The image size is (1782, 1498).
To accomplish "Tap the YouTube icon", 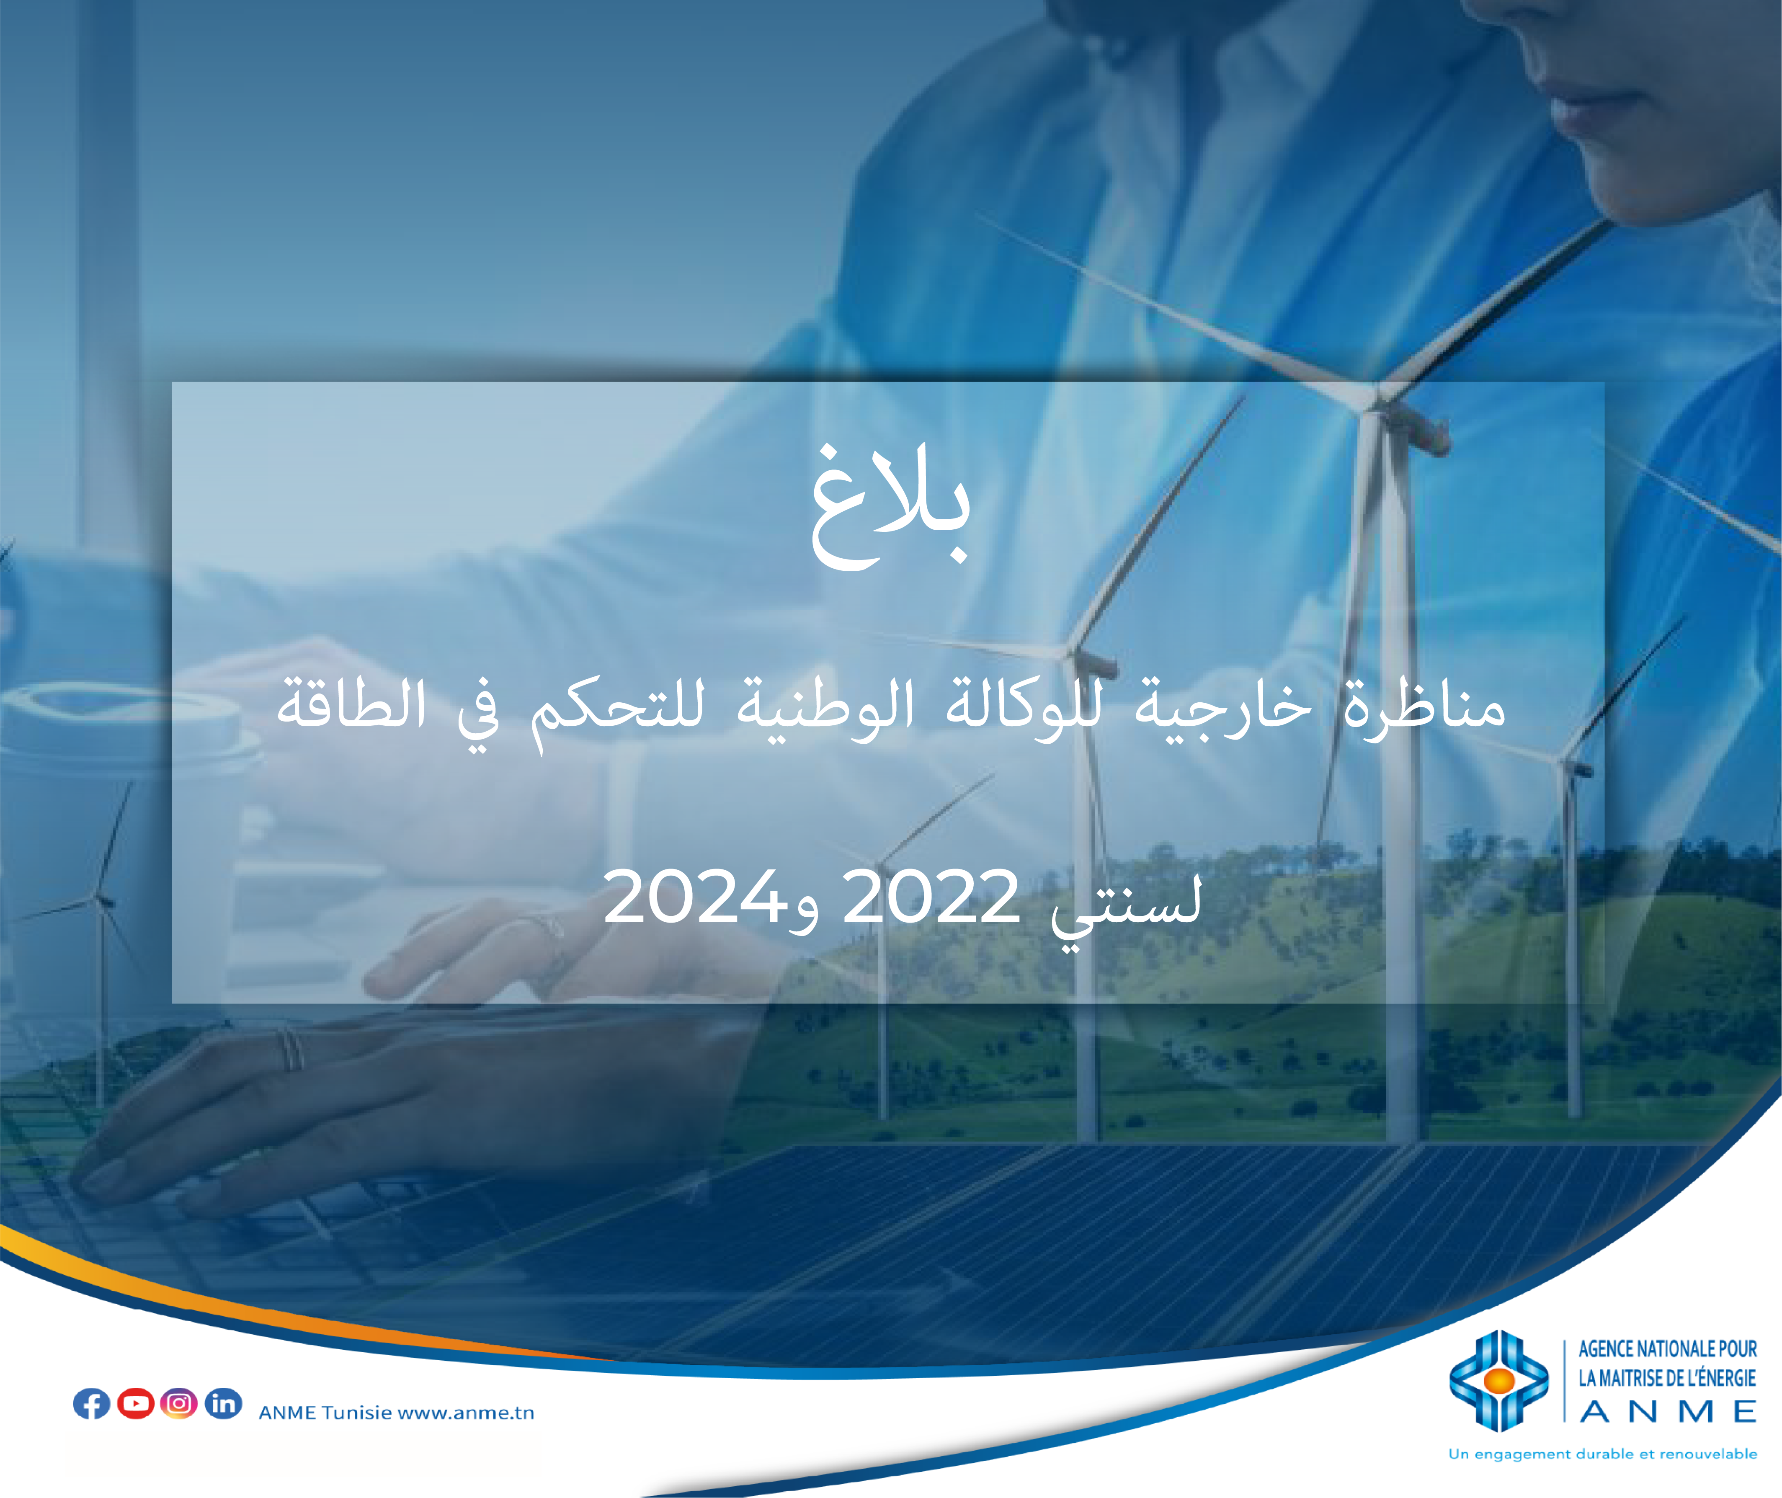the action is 135,1404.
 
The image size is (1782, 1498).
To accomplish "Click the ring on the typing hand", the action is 291,1049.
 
